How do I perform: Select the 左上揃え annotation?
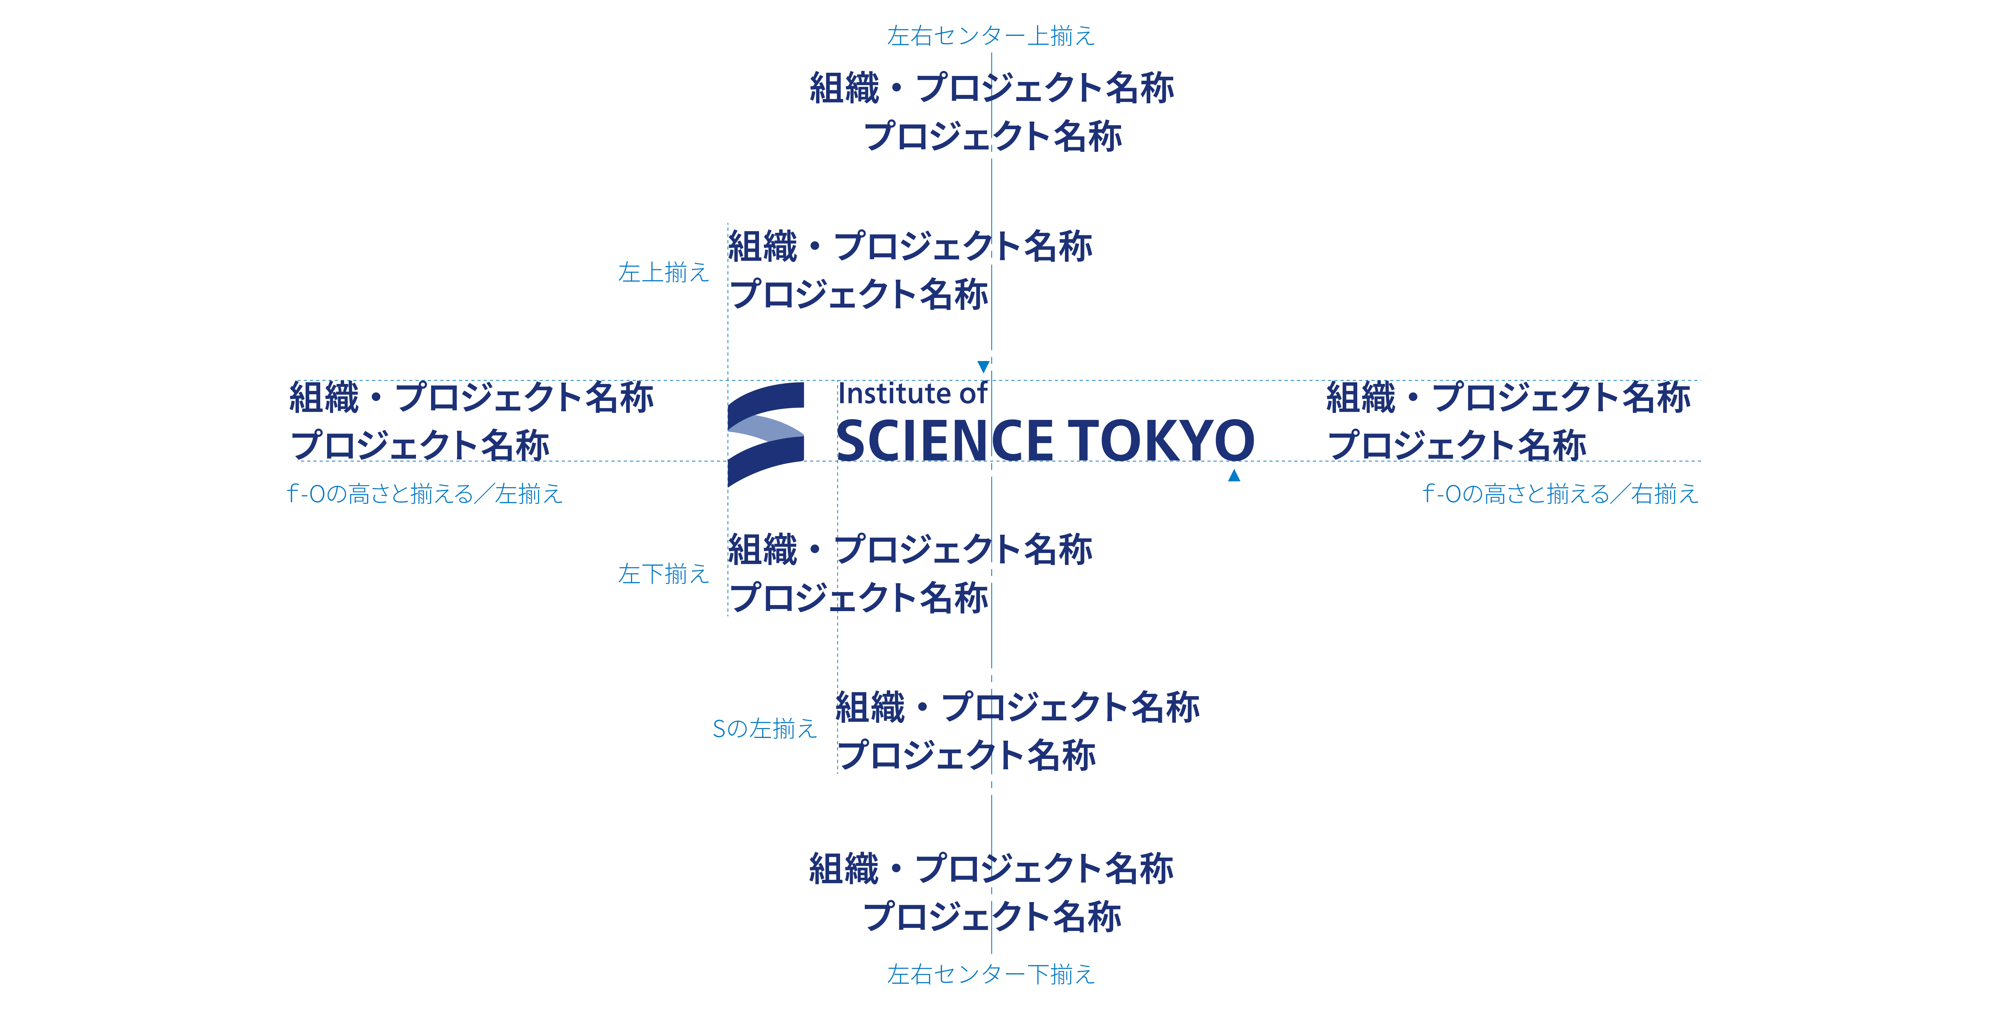click(662, 272)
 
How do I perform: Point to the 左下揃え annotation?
click(662, 573)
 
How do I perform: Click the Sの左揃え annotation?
click(764, 728)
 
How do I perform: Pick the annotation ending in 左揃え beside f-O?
click(425, 493)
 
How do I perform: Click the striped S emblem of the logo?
click(765, 433)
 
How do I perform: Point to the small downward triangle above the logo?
click(983, 365)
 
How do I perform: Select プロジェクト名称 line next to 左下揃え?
click(859, 597)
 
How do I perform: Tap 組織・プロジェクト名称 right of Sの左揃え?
click(1017, 707)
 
